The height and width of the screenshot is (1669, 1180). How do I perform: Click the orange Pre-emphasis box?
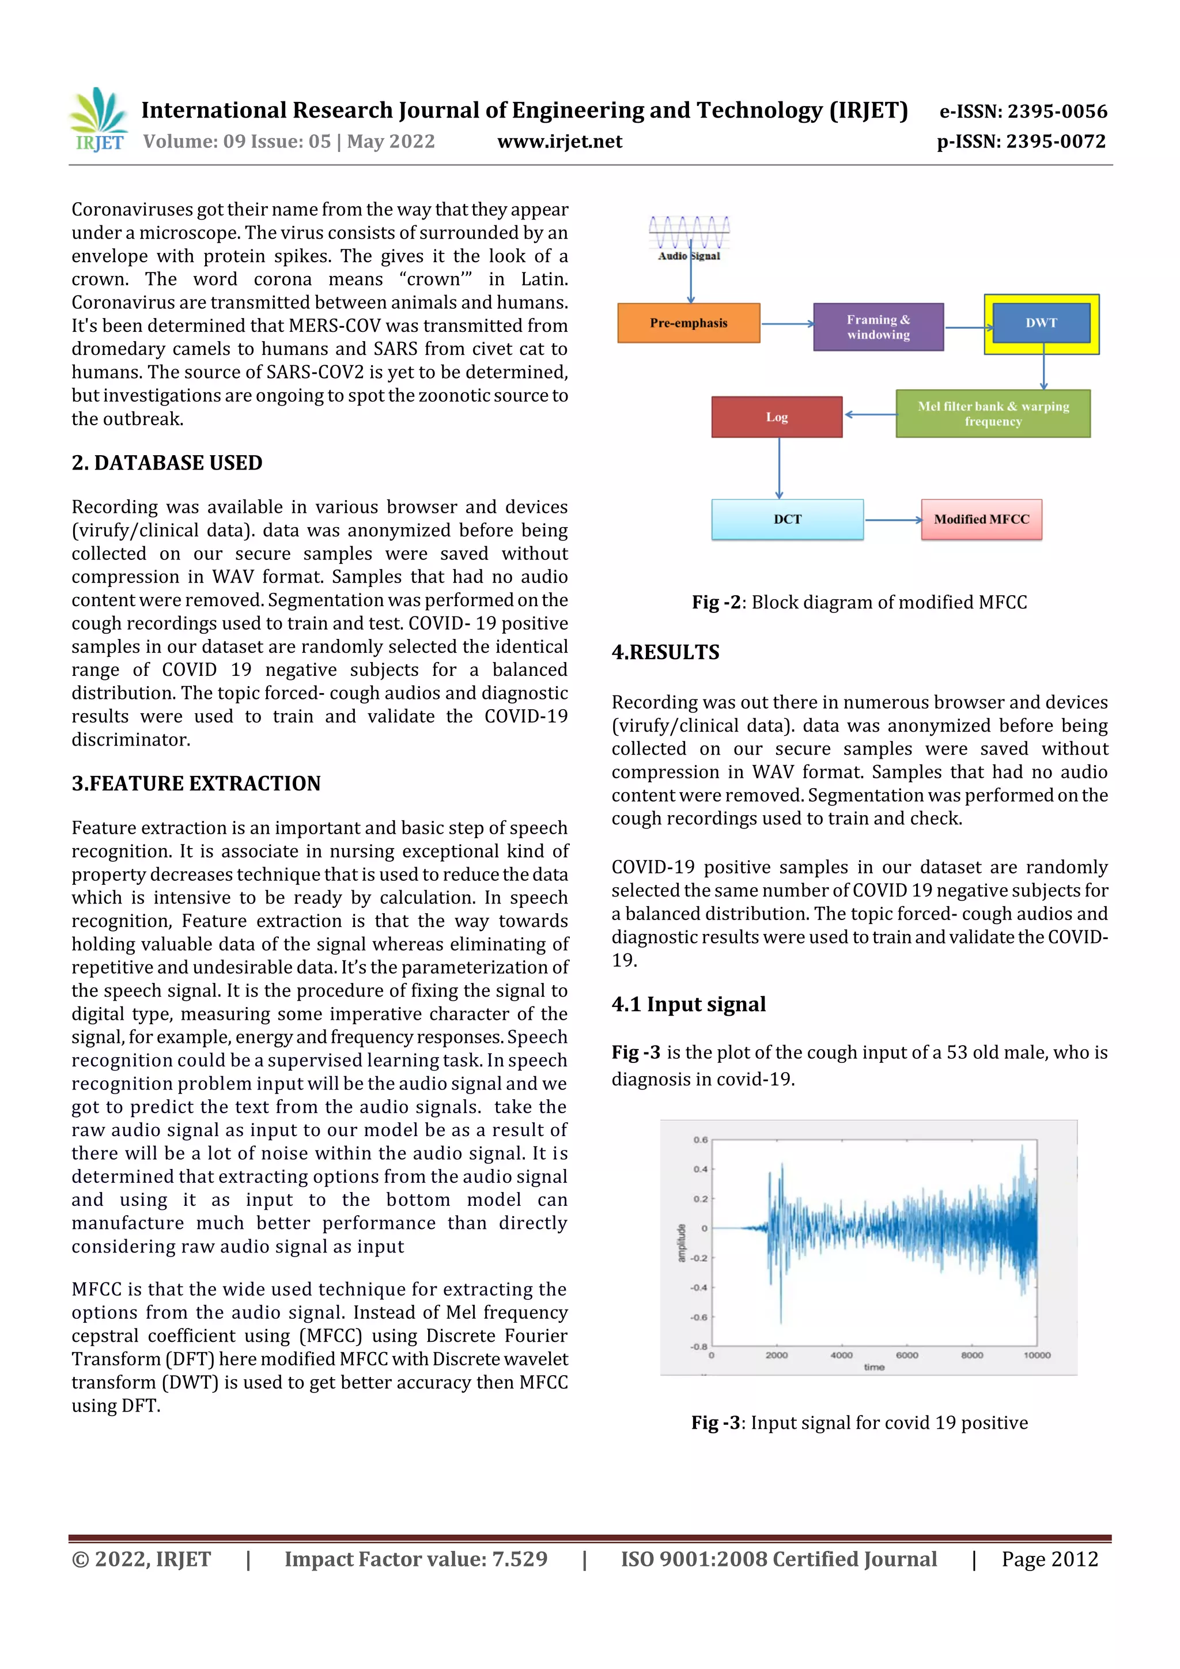coord(689,323)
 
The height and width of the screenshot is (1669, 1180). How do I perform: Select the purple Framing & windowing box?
coord(878,327)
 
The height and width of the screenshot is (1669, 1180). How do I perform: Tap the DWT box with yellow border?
coord(1041,323)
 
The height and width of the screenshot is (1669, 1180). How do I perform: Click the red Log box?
coord(777,417)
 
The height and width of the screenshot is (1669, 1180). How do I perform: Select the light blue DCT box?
coord(788,519)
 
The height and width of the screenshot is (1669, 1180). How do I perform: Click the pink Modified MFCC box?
coord(981,519)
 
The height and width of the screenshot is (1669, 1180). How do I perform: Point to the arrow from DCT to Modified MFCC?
coord(893,520)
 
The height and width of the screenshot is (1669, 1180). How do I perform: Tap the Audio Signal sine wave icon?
coord(689,233)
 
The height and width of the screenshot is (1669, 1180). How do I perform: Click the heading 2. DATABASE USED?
coord(167,463)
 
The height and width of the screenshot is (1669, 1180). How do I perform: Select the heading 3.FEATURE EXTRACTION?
coord(196,784)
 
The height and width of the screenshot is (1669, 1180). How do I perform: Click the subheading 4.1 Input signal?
coord(689,1004)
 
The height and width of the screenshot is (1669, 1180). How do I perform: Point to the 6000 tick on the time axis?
coord(907,1355)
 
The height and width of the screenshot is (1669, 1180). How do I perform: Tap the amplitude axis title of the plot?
coord(681,1243)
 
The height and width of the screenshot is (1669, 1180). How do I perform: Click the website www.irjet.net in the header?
coord(560,141)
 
